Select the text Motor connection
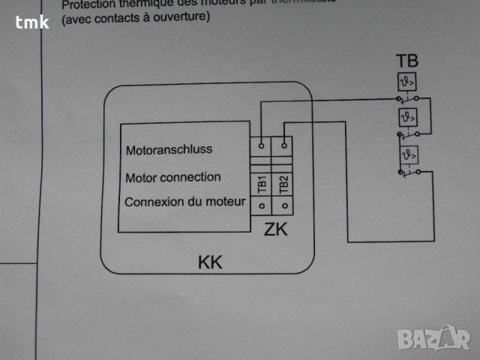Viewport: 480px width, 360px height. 172,178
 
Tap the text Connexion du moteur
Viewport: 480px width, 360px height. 184,202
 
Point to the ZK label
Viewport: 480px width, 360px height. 276,229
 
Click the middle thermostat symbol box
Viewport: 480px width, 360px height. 407,118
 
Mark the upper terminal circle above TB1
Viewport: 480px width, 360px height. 262,142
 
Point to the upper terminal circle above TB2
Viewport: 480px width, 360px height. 283,142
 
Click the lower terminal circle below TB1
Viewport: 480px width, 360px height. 262,204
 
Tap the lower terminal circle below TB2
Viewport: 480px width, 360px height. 283,204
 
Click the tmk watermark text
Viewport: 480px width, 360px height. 31,22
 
